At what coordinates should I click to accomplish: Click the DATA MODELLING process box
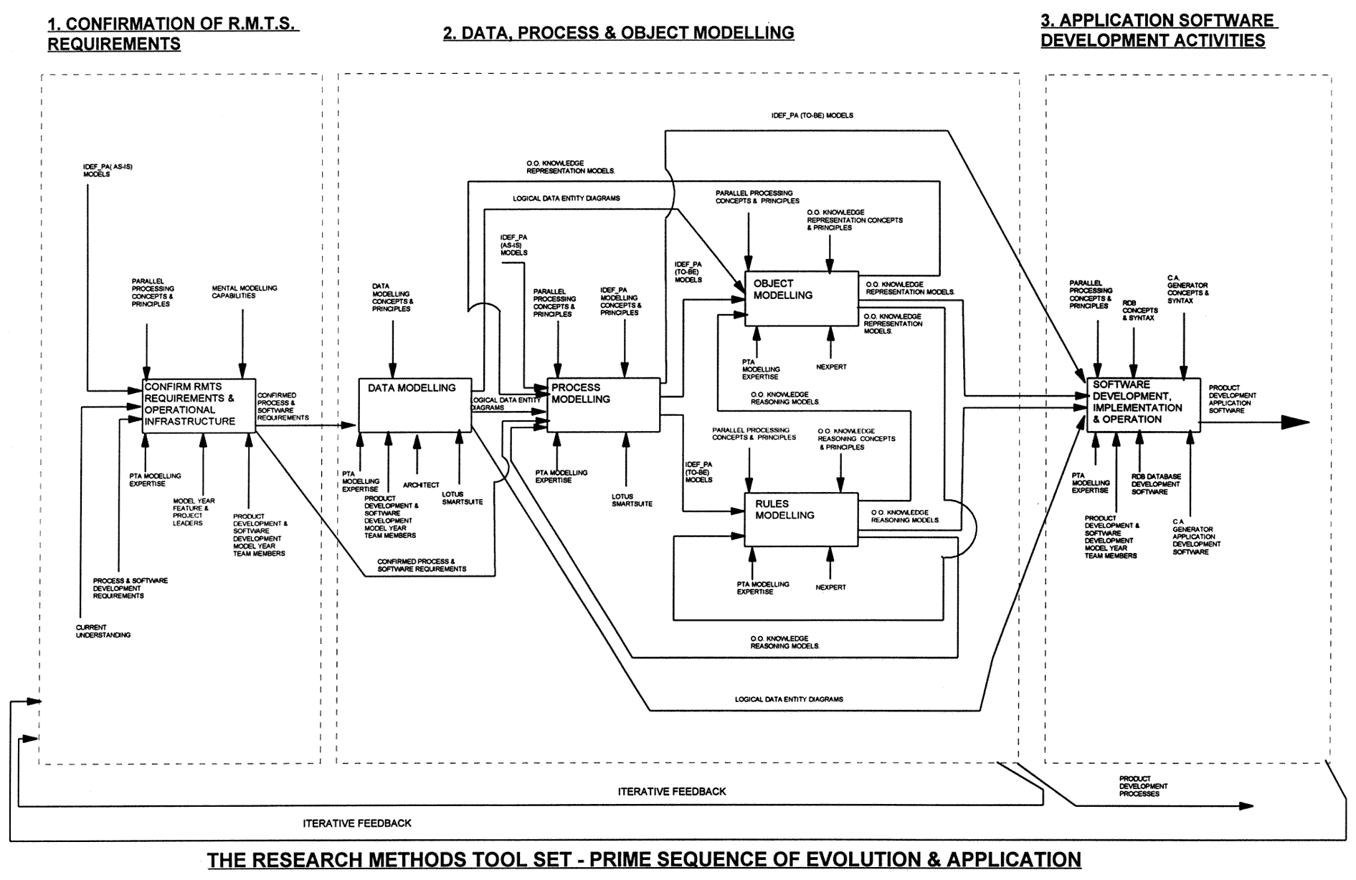point(414,405)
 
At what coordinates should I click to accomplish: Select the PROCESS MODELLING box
point(603,405)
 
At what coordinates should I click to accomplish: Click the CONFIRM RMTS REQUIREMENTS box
point(199,405)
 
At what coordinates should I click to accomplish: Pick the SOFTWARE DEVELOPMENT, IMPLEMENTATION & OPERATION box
point(1143,405)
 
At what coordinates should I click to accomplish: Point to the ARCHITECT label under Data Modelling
point(421,486)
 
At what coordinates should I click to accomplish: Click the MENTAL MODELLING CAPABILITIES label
point(244,292)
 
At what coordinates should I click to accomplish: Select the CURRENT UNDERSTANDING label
point(103,631)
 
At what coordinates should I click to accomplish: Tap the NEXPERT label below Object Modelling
point(830,367)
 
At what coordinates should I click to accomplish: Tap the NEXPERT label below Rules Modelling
point(830,587)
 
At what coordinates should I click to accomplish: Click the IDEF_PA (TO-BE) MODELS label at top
point(812,115)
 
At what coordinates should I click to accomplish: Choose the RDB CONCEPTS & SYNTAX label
point(1139,310)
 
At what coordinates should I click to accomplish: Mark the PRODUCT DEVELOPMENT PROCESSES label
point(1143,786)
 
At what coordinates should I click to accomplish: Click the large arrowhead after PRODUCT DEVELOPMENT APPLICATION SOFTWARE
point(1294,422)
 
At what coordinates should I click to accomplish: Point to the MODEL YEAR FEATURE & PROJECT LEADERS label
point(194,512)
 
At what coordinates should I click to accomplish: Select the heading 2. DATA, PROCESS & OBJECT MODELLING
point(618,33)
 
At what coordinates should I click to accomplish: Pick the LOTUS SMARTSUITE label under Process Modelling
point(632,500)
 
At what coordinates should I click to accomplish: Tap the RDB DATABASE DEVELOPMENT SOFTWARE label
point(1155,484)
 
